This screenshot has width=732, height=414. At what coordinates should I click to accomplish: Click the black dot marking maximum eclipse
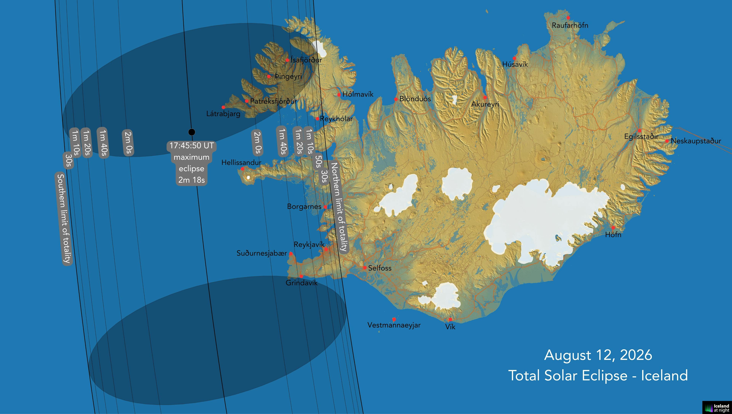pos(192,132)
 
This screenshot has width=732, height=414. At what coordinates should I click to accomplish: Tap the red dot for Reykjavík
pos(326,249)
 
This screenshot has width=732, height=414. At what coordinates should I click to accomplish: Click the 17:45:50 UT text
pos(192,146)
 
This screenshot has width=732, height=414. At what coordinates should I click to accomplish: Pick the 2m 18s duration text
pos(192,180)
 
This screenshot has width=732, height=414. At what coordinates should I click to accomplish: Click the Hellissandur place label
pos(241,163)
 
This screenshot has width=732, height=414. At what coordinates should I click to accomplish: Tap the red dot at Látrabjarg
pos(223,107)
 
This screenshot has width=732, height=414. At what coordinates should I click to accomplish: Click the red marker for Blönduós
pos(396,99)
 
